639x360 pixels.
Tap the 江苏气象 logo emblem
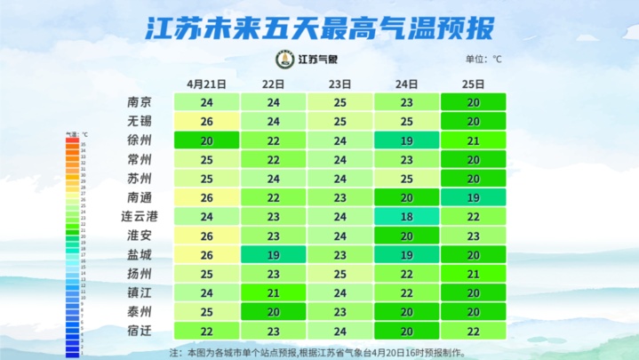pos(285,60)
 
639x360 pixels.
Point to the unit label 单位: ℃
pos(483,60)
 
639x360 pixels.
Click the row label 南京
pos(140,102)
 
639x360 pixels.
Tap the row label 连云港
pos(139,216)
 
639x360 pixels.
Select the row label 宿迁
pos(140,331)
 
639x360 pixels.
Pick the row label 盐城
pos(140,254)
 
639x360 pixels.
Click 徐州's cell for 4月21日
pos(207,140)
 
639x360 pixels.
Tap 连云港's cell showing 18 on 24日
pos(407,216)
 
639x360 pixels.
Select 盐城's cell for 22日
pos(274,254)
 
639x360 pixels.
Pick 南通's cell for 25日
pos(474,197)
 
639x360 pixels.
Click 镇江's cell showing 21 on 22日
pos(274,292)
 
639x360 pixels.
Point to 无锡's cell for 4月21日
pos(207,121)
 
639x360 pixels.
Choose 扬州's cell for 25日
pos(474,273)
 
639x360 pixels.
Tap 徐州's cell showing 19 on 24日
pos(407,140)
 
